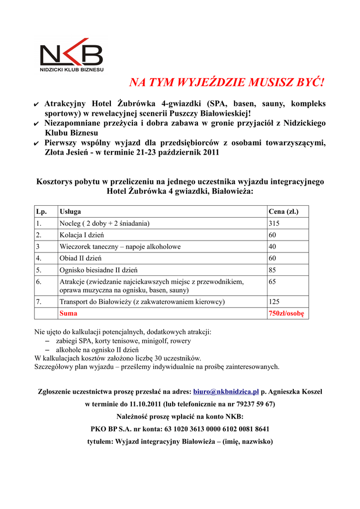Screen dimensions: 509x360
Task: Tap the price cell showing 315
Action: (x=274, y=224)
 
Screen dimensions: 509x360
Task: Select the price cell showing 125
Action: (x=274, y=302)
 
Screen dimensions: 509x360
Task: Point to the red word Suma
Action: (x=68, y=314)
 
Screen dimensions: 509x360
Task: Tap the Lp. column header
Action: (x=41, y=211)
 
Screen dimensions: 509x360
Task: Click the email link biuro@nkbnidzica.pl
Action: (x=226, y=392)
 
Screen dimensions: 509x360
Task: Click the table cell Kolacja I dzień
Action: (x=82, y=235)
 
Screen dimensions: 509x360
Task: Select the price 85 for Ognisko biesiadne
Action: (x=272, y=270)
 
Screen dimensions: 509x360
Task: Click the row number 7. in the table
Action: (x=39, y=302)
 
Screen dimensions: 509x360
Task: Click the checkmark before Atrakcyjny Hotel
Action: (x=36, y=105)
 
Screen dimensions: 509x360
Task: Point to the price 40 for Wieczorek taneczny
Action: (x=272, y=247)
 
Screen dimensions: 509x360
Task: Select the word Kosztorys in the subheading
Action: (x=57, y=181)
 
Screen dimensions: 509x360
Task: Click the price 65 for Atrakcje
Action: (x=272, y=282)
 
